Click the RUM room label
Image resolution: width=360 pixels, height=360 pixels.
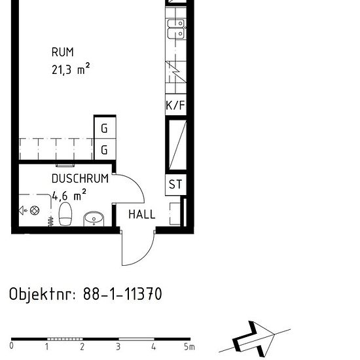63,52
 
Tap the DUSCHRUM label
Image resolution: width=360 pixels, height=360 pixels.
80,179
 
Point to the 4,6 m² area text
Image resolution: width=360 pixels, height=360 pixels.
69,195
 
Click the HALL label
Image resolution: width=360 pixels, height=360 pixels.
141,214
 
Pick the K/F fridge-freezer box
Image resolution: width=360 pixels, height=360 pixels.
175,105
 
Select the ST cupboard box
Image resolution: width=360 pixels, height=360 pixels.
175,185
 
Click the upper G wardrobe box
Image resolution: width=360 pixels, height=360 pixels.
104,129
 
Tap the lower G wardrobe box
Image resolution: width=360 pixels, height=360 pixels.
104,150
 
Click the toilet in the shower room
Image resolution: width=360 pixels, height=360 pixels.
65,214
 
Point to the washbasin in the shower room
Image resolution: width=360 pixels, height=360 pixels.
94,217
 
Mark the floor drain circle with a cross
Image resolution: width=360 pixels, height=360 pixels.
35,210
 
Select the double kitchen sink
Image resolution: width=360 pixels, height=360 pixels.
175,30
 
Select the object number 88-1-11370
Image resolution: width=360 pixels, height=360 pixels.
122,294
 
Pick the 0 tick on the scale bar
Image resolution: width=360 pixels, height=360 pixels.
12,346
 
